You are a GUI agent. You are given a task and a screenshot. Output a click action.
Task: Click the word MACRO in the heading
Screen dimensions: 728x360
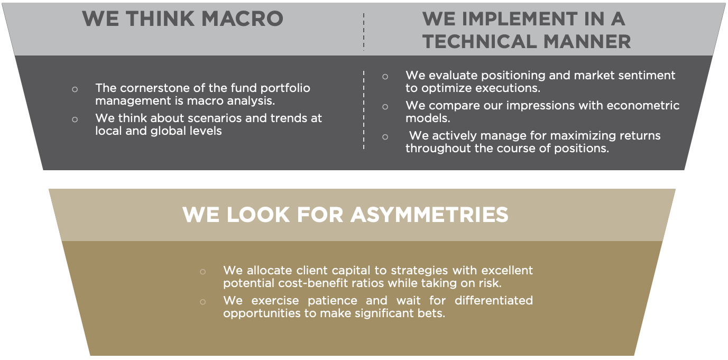pos(243,19)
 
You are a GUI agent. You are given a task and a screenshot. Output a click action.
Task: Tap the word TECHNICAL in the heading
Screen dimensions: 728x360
pos(480,42)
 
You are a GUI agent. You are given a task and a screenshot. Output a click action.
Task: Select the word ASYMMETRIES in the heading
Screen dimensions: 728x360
pos(429,215)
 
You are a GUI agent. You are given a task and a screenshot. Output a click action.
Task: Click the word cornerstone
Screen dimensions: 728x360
pos(152,88)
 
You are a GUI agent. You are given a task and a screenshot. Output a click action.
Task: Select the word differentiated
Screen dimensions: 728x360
pos(494,301)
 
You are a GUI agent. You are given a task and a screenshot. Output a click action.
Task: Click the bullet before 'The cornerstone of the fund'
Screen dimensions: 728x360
pos(75,89)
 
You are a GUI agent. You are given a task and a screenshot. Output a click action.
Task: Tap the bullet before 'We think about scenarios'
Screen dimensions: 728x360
pos(75,119)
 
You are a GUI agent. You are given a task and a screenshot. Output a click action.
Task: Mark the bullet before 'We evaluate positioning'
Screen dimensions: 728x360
pos(385,77)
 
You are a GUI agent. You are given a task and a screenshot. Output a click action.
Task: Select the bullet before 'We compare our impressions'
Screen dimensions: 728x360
pos(385,107)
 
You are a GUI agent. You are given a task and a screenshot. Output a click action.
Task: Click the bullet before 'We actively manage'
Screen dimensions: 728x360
pos(385,137)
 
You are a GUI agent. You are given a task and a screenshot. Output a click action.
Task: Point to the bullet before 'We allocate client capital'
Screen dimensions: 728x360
pos(203,272)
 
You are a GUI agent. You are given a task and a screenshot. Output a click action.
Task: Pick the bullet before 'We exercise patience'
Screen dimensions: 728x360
pos(203,302)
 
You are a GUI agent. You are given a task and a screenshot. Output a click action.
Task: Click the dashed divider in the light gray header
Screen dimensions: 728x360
pos(364,32)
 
